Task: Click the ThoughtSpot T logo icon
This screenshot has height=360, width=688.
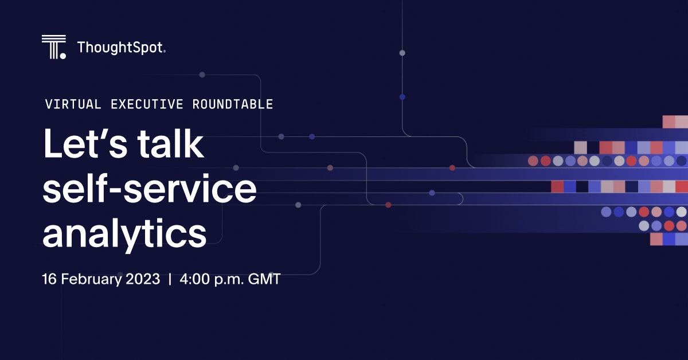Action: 54,46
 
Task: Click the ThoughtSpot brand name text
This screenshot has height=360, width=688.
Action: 122,48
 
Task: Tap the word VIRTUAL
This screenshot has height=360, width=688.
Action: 73,104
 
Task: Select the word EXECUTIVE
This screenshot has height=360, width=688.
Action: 147,104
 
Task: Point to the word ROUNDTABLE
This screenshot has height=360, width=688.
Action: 233,104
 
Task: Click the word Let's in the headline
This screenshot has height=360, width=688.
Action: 85,143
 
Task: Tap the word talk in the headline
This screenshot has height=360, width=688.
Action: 170,143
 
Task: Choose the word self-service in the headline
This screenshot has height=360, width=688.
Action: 150,187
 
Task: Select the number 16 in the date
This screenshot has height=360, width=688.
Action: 49,279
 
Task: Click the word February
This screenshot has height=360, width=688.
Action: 91,280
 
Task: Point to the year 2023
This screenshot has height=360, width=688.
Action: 143,279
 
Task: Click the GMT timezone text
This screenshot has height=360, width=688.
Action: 264,279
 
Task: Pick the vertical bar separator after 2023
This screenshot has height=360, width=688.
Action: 170,280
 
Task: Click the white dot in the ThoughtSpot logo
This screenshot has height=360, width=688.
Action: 62,56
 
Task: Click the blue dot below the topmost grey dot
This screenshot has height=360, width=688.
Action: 402,97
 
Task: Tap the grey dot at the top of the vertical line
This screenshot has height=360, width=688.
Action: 402,53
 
